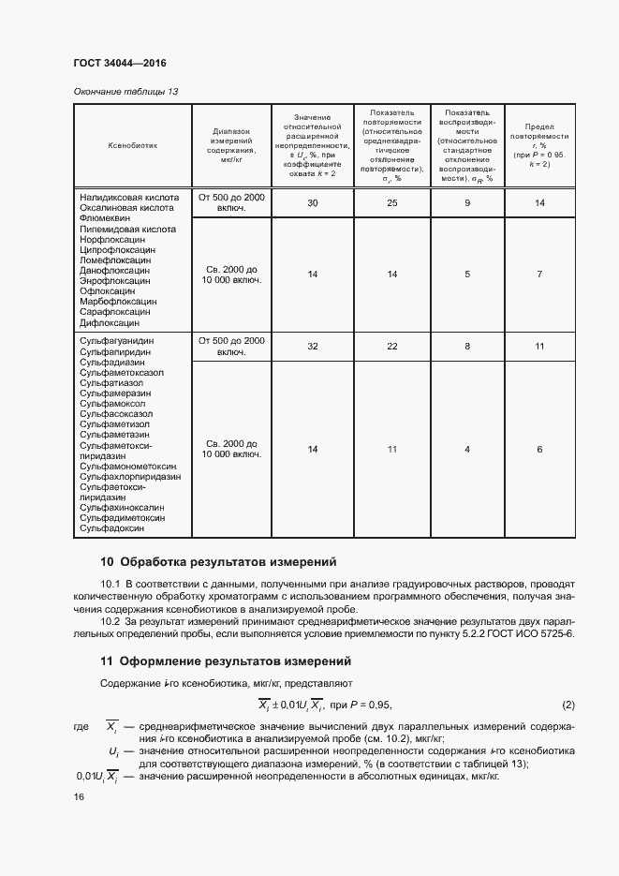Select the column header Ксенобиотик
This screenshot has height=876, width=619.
tap(133, 145)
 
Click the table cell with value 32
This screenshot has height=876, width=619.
tap(313, 347)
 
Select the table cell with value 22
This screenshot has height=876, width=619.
tap(392, 347)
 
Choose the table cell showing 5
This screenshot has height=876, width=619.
tap(467, 274)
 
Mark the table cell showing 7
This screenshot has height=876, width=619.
tap(539, 274)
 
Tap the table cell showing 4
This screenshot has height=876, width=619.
tap(467, 450)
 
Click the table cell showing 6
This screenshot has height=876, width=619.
tap(539, 450)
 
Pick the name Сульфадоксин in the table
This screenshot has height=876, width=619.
tap(113, 528)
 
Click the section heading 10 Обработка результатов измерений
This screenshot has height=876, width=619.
tap(217, 563)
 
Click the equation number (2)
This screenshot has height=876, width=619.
tap(567, 705)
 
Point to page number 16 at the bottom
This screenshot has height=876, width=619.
tap(78, 796)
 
